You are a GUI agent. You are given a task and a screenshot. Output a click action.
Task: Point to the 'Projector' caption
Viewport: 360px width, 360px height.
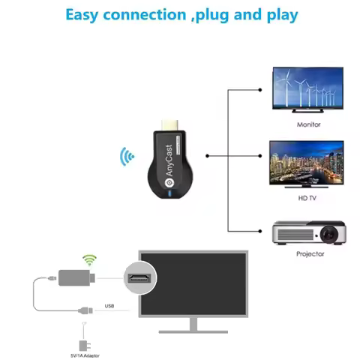coord(309,254)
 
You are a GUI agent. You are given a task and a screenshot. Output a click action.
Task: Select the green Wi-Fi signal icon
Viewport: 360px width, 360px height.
coord(90,260)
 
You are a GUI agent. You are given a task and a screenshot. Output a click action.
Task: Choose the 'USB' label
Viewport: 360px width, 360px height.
coord(109,306)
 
